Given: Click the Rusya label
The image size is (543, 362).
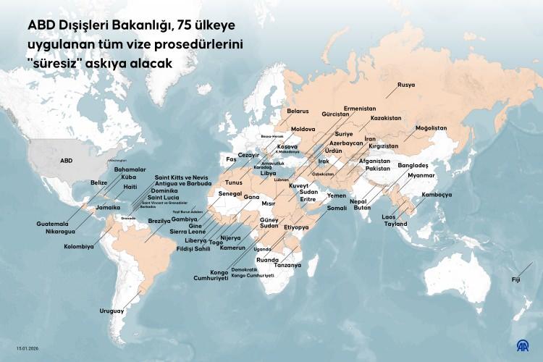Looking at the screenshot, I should coord(406,85).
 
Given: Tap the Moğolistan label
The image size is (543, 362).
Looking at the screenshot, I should coord(431,128).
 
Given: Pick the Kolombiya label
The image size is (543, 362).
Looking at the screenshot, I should coord(79,246).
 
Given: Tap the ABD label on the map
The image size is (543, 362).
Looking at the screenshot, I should coord(66,160).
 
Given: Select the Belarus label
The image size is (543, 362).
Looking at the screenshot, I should coord(298,111).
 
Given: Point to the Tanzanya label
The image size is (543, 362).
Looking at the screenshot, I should coord(287,266).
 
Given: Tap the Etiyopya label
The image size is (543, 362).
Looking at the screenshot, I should coord(297,227).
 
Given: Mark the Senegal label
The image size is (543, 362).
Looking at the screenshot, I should coord(230,195).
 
